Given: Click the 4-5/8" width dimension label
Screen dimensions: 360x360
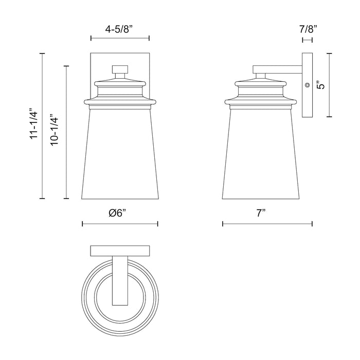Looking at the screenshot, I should point(119,29).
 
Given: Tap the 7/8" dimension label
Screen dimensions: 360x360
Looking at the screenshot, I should point(308,29).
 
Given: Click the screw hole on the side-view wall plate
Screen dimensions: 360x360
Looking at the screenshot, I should point(307,85).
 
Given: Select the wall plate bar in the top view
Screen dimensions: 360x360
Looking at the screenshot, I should point(119,251).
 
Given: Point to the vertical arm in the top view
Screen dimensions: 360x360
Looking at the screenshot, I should point(119,283).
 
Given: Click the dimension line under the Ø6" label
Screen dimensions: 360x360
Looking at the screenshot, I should point(120,224).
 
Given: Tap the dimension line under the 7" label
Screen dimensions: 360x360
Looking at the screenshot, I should point(267,224).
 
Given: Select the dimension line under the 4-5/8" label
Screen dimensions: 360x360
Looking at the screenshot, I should point(119,38).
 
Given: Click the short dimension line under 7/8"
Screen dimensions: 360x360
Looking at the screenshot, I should point(308,38).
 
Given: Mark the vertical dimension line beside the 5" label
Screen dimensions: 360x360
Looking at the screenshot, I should point(330,85).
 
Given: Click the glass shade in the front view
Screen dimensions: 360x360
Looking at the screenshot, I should point(120,154).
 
